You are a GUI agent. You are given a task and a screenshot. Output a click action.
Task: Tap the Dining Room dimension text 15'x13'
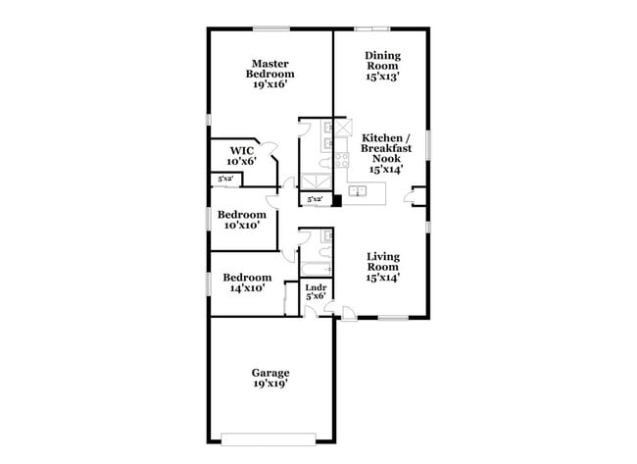[382, 75]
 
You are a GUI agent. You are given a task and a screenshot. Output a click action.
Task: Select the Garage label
[270, 373]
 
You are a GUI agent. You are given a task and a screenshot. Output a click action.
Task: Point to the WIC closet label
[242, 150]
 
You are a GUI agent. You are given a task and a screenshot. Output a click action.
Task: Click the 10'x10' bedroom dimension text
[241, 225]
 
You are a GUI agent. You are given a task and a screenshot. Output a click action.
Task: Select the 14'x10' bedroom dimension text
[246, 288]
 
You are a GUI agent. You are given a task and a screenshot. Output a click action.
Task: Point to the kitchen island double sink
[359, 192]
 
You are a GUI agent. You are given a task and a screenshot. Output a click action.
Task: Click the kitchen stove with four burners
[342, 159]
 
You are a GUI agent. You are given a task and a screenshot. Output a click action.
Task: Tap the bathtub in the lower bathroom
[314, 268]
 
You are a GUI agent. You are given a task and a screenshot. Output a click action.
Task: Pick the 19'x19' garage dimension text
[270, 384]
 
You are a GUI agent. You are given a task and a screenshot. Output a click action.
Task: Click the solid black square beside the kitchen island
[335, 201]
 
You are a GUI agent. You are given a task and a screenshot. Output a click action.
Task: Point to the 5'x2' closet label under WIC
[224, 179]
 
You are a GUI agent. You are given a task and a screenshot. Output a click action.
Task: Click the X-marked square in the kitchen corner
[344, 129]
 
